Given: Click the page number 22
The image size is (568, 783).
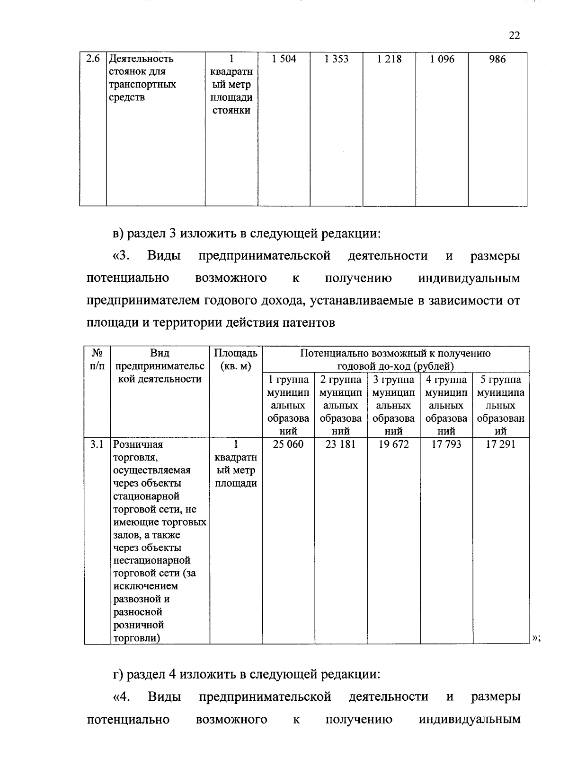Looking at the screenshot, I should coord(515,36).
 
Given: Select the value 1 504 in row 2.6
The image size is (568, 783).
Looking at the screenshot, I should coord(284,59).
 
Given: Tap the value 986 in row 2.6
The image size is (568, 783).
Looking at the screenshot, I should coord(497,59).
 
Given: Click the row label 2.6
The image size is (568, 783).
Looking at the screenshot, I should coord(93,59).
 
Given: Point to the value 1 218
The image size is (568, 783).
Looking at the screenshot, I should coord(390,59).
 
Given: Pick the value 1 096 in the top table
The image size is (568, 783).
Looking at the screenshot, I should coord(442,59).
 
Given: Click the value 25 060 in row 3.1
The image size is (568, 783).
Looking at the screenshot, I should coord(289,444).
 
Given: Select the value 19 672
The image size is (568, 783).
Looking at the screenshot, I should coord(394,444).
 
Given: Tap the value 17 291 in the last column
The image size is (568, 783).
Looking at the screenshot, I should coord(501,444).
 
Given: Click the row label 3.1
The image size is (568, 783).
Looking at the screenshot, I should coord(97,444).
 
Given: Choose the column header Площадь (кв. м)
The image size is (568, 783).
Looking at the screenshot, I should coord(236,360).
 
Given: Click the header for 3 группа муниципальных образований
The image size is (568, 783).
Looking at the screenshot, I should coord(394,405).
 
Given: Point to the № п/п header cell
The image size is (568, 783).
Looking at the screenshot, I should coord(97,360).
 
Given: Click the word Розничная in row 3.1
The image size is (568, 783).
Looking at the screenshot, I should coord(138,444).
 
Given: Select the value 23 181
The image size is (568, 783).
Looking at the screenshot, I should coord(341,444).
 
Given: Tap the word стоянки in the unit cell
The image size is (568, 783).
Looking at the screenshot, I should coord(231,111).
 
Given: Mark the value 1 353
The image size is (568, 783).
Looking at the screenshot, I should coord(337,59).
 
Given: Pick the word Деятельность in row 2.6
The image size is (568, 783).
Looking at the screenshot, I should coord(141,59).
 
